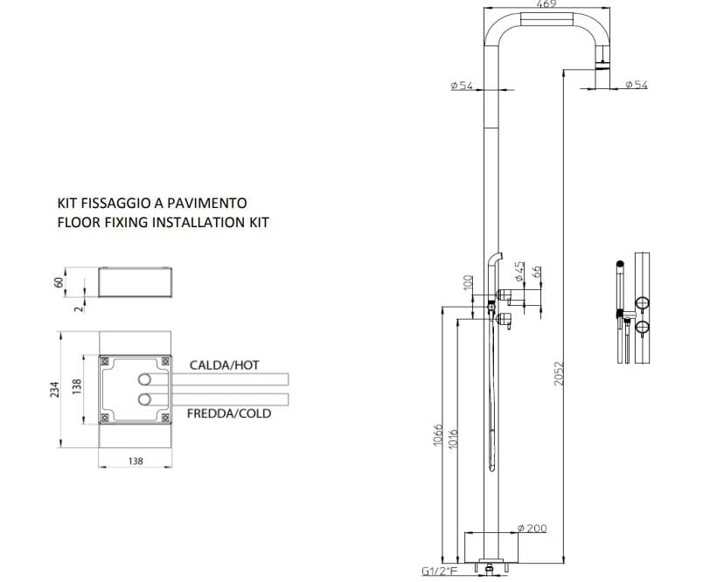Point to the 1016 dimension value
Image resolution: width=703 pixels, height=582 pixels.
click(451, 436)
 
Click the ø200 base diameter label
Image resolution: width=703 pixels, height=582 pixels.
click(532, 530)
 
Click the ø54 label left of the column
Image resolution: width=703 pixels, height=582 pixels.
click(461, 85)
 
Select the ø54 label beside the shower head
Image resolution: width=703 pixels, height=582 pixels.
click(636, 85)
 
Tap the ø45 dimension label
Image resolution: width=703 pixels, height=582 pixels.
click(519, 270)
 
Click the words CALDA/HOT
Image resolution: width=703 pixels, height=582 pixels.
click(224, 364)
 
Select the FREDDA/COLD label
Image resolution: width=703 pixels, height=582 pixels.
click(229, 413)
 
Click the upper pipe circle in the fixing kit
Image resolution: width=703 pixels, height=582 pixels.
click(143, 379)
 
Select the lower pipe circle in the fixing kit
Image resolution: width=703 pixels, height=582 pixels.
click(143, 399)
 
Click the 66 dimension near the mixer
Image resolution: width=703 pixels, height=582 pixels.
click(537, 272)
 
